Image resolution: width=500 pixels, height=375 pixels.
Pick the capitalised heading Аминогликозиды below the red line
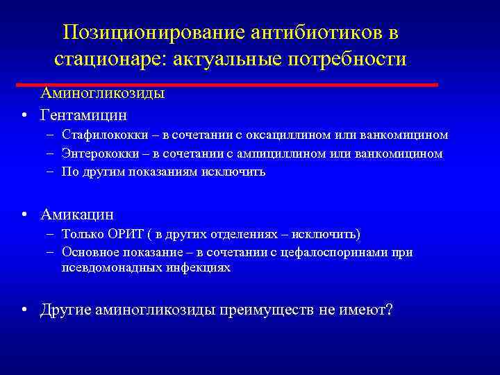pyautogui.click(x=102, y=94)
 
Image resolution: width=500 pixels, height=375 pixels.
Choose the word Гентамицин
pyautogui.click(x=84, y=114)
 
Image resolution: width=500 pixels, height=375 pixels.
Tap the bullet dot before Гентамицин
pyautogui.click(x=24, y=115)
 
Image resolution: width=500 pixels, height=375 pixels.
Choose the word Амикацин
pyautogui.click(x=77, y=215)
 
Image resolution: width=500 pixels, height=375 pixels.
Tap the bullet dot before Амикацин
pyautogui.click(x=24, y=216)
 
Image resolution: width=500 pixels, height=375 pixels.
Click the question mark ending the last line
pyautogui.click(x=387, y=309)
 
